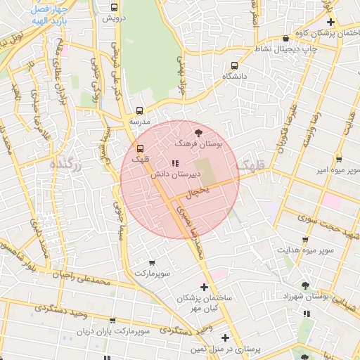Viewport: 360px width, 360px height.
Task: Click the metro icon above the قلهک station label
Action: click(x=139, y=148)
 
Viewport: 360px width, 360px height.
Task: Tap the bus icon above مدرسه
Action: click(x=139, y=110)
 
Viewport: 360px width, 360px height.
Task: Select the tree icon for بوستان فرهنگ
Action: click(x=198, y=131)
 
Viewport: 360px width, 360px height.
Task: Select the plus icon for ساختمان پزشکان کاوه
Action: click(x=330, y=22)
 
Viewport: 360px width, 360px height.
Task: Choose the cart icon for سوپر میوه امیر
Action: click(x=339, y=160)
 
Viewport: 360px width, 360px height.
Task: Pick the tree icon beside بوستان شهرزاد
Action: click(x=304, y=285)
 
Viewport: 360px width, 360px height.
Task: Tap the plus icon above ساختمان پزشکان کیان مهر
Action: click(x=204, y=287)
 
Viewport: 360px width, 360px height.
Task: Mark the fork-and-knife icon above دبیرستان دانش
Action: click(x=175, y=163)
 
